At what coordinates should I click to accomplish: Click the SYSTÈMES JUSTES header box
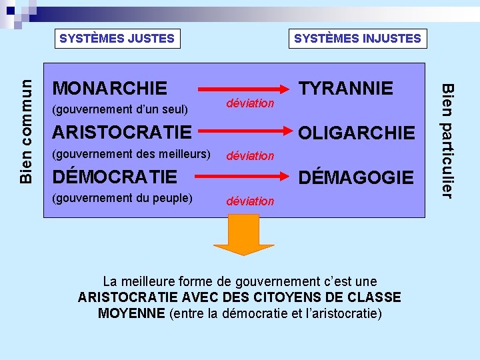pyautogui.click(x=117, y=39)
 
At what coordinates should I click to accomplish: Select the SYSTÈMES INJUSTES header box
pyautogui.click(x=357, y=39)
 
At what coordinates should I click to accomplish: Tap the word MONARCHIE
pyautogui.click(x=110, y=88)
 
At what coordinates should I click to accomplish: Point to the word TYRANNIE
pyautogui.click(x=346, y=88)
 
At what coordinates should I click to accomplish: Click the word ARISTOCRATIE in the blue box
pyautogui.click(x=121, y=132)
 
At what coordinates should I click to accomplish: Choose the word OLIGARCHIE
pyautogui.click(x=356, y=133)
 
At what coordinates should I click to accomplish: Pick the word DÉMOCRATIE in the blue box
pyautogui.click(x=115, y=177)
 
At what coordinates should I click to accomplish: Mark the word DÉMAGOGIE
pyautogui.click(x=356, y=177)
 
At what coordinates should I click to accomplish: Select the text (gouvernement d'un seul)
pyautogui.click(x=120, y=109)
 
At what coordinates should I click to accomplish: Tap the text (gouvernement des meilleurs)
pyautogui.click(x=131, y=155)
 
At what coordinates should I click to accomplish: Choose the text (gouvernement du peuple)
pyautogui.click(x=122, y=198)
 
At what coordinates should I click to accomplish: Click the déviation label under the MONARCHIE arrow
pyautogui.click(x=250, y=103)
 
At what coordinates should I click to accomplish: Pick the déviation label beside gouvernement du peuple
pyautogui.click(x=250, y=201)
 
